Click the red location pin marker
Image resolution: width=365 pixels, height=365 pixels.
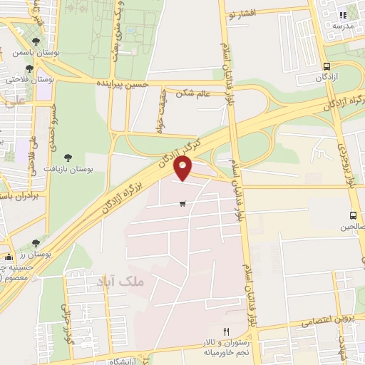point(183,169)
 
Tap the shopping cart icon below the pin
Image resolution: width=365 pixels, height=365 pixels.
point(183,204)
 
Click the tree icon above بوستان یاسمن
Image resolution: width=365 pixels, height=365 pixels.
point(36,41)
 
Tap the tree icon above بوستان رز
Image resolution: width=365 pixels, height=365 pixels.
point(36,243)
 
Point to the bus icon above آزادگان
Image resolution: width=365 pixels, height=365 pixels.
point(327,66)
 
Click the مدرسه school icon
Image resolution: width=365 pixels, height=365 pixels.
point(342,14)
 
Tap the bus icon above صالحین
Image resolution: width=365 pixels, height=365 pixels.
point(354,215)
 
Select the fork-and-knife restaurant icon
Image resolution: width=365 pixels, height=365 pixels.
point(226,331)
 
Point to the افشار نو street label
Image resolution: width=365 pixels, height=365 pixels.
point(246,13)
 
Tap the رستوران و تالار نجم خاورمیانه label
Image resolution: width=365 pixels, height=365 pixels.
point(214,350)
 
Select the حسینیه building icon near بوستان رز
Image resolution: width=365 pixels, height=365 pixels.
point(9,257)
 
